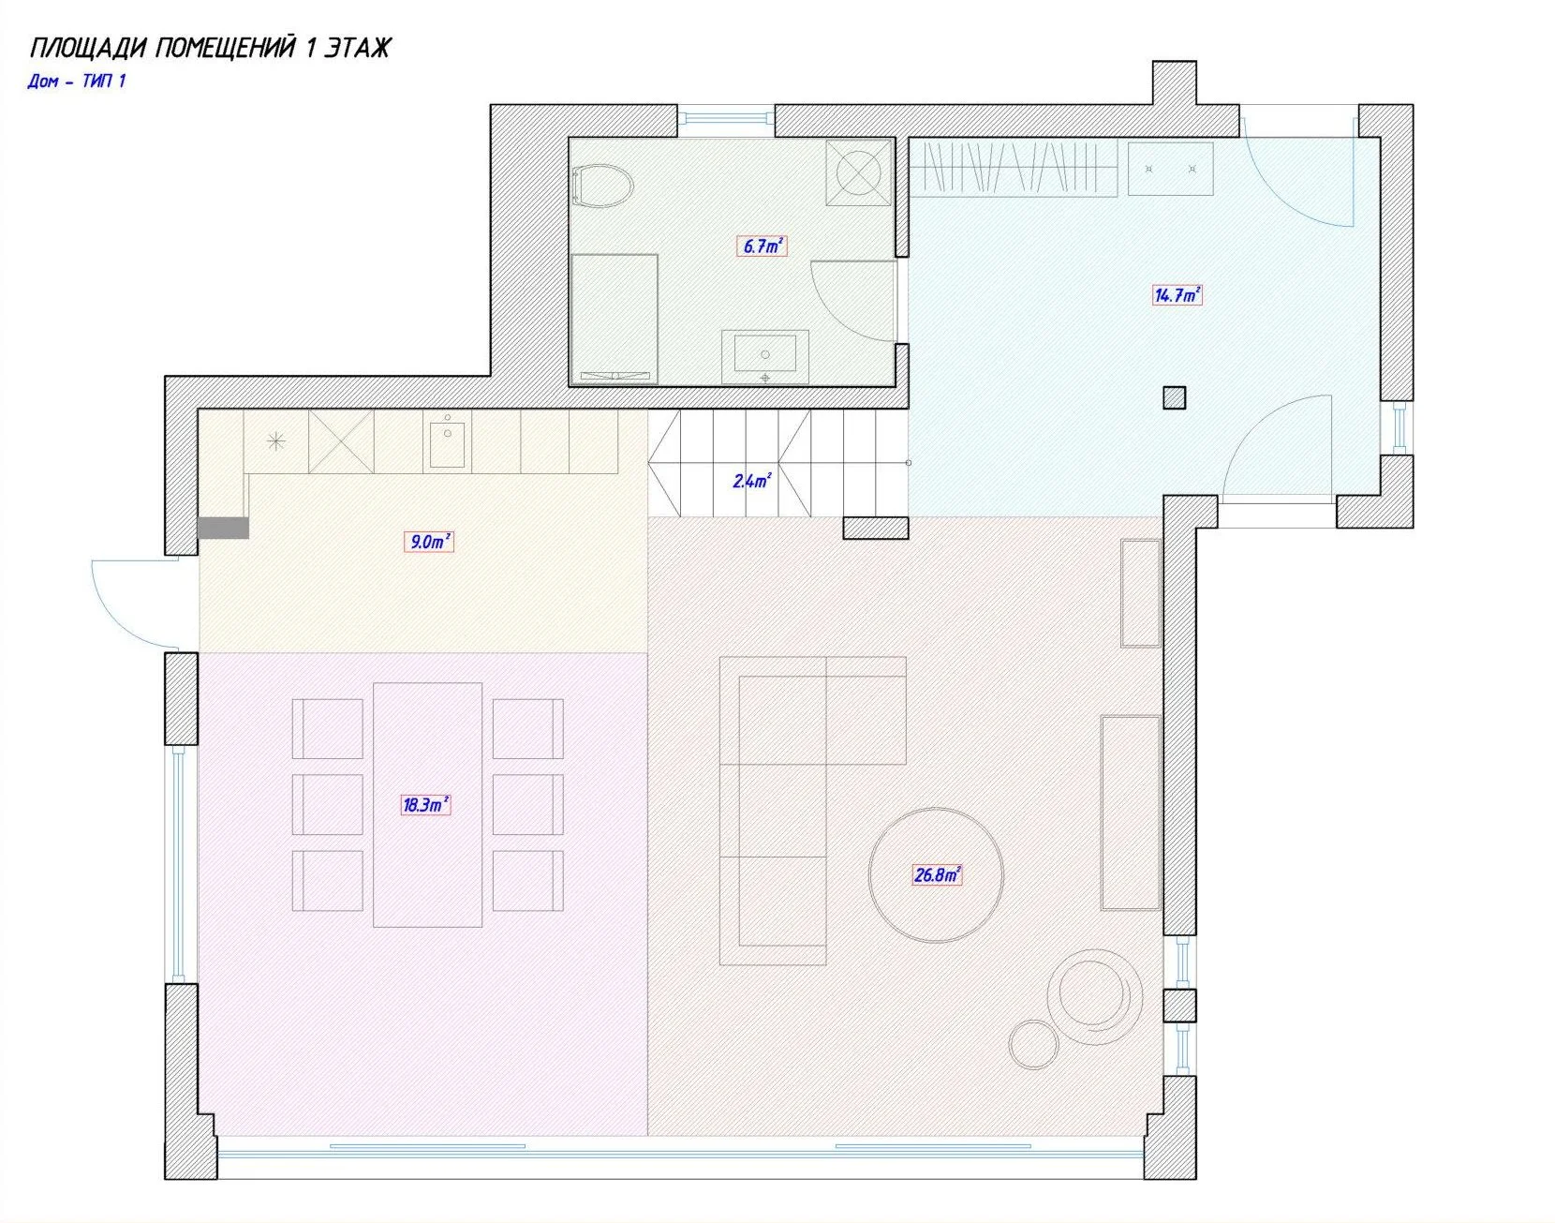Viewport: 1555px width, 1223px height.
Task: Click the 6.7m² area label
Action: [x=763, y=246]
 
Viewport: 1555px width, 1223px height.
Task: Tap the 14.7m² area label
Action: [x=1177, y=295]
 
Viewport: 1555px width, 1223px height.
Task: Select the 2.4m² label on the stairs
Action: [x=751, y=482]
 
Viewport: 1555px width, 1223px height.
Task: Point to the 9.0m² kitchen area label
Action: [x=429, y=541]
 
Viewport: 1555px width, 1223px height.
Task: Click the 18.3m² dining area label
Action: [x=425, y=804]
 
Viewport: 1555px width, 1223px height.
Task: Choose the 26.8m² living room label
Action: [x=937, y=875]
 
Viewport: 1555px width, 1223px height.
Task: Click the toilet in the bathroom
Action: [x=601, y=186]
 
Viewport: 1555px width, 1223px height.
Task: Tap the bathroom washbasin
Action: [x=765, y=356]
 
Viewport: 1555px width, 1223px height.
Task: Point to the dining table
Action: [x=428, y=805]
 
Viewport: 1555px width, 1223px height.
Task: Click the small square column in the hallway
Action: [x=1175, y=398]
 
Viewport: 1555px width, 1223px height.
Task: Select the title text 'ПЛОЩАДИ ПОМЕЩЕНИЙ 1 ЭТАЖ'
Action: [x=210, y=48]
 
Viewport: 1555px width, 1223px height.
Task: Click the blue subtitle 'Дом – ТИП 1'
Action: [x=77, y=82]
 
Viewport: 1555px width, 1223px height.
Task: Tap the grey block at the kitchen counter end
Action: [x=223, y=528]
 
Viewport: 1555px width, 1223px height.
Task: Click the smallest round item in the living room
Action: [x=1034, y=1044]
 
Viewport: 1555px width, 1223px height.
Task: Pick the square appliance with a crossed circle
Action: [x=859, y=173]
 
